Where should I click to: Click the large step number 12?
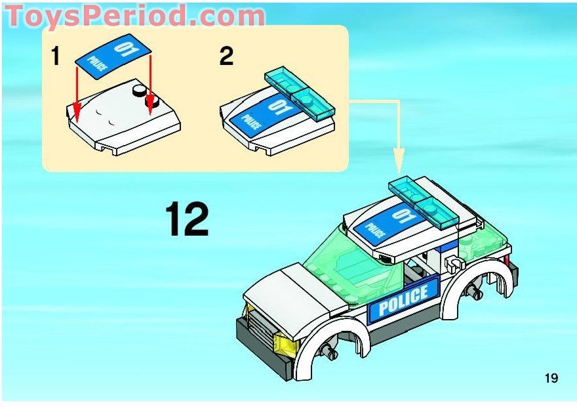click(x=187, y=219)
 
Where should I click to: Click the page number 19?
click(x=550, y=377)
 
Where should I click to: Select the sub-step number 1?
click(x=56, y=57)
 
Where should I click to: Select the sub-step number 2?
click(x=226, y=56)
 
